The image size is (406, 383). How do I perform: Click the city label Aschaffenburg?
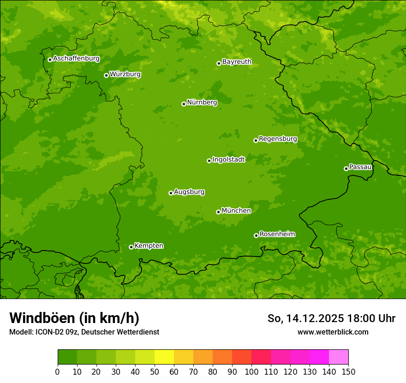click(76, 59)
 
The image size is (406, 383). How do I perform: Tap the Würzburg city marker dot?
click(106, 75)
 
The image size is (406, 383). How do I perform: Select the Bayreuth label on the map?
click(237, 62)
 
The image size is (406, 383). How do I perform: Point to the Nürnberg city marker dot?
click(184, 104)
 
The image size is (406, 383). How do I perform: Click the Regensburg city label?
click(278, 139)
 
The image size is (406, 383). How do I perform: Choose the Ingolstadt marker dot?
click(209, 161)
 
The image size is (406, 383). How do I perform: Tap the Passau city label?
click(360, 167)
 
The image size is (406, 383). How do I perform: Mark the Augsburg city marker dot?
click(171, 193)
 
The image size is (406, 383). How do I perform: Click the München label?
click(236, 211)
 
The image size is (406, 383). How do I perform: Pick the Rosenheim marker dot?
click(256, 235)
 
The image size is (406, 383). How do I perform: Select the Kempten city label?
click(149, 246)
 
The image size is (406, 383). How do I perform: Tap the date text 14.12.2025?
click(315, 318)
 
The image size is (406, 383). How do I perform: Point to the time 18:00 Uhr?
click(373, 318)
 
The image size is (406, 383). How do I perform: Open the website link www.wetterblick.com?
click(333, 332)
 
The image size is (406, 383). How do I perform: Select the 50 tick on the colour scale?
click(155, 371)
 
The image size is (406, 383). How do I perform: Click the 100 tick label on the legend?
click(251, 371)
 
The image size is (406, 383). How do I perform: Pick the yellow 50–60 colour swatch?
click(164, 357)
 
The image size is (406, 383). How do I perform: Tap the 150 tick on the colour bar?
click(348, 371)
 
